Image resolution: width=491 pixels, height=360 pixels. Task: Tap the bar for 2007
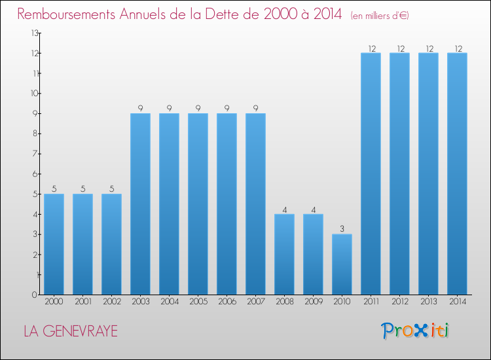tap(255, 204)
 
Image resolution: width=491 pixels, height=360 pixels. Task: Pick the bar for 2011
tap(371, 173)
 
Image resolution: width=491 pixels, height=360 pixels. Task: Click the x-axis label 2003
tap(140, 302)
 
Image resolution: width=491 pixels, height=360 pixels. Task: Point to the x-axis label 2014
tap(457, 302)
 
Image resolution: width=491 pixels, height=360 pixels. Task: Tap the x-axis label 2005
tap(198, 302)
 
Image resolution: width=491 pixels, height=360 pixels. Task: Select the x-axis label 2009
tap(313, 302)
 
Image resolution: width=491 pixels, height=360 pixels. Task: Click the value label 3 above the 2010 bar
tap(342, 229)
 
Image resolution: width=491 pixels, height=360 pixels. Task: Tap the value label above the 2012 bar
tap(399, 48)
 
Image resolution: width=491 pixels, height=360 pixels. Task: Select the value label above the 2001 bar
tap(82, 189)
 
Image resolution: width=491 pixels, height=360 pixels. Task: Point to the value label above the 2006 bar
tap(227, 108)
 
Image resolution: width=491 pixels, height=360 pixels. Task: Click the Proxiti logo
tap(415, 331)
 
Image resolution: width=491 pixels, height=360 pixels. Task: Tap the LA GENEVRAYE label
tap(71, 331)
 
